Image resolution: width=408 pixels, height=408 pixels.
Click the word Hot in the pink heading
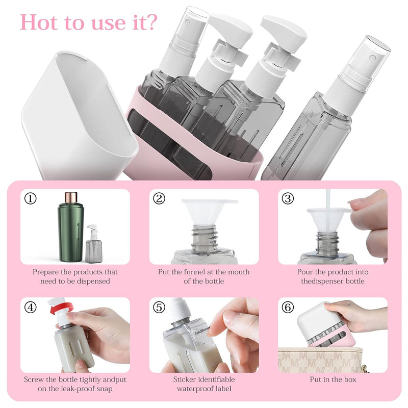click(x=39, y=22)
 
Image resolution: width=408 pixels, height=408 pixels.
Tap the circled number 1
click(x=30, y=199)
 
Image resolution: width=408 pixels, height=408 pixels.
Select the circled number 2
click(x=159, y=199)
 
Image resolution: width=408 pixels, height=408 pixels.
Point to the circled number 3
click(x=288, y=199)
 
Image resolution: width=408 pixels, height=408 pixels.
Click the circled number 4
click(x=30, y=308)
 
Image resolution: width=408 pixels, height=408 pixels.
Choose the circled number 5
click(x=159, y=308)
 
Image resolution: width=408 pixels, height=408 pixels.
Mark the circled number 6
click(x=288, y=308)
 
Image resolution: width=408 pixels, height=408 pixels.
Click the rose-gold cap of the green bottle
click(x=71, y=198)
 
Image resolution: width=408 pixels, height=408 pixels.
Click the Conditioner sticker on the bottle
click(x=202, y=330)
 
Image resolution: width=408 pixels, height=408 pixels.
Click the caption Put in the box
click(x=333, y=379)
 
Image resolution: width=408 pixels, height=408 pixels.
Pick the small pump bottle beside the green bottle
click(x=94, y=244)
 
